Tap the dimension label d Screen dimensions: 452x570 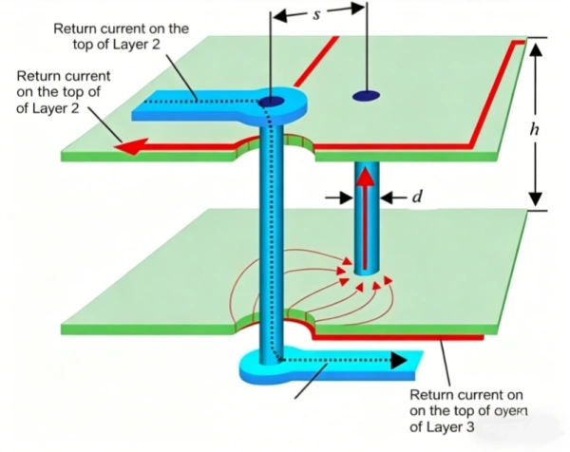point(415,198)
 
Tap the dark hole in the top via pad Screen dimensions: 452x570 point(273,102)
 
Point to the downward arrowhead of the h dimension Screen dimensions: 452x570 point(535,198)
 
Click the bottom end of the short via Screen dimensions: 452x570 point(364,269)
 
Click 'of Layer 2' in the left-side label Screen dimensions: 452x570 point(51,108)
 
